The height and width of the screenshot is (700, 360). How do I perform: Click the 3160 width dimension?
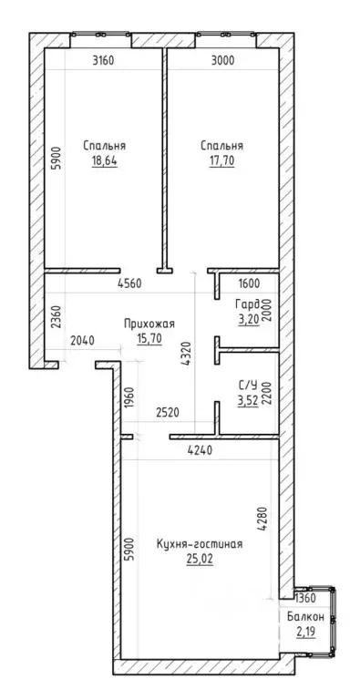click(x=104, y=60)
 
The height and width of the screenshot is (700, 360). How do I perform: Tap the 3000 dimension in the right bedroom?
click(x=222, y=60)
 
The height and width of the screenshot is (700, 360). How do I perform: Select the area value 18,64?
click(x=105, y=160)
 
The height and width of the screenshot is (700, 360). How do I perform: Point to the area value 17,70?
click(x=222, y=160)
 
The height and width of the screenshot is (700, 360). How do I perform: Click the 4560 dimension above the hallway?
click(x=129, y=283)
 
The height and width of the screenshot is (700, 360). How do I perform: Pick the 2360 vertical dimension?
click(x=56, y=317)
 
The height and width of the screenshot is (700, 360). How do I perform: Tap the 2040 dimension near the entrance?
click(x=83, y=341)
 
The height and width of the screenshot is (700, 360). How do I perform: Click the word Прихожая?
click(x=149, y=324)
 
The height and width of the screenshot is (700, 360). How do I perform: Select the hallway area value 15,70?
click(x=149, y=339)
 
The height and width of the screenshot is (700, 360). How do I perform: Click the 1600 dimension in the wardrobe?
click(x=250, y=283)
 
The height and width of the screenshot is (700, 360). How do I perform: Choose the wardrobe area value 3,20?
click(x=248, y=320)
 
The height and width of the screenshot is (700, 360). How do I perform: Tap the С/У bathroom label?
click(x=248, y=385)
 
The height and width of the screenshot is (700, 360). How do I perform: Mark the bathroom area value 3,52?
click(x=248, y=399)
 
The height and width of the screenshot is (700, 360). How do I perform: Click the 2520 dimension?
click(x=167, y=412)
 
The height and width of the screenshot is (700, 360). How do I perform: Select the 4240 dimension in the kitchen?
click(x=200, y=451)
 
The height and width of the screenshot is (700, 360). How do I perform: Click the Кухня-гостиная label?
click(x=200, y=544)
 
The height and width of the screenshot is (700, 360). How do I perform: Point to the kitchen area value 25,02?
click(x=200, y=559)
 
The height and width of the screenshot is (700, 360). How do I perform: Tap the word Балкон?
click(x=305, y=617)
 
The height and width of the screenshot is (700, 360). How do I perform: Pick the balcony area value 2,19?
click(x=305, y=633)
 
